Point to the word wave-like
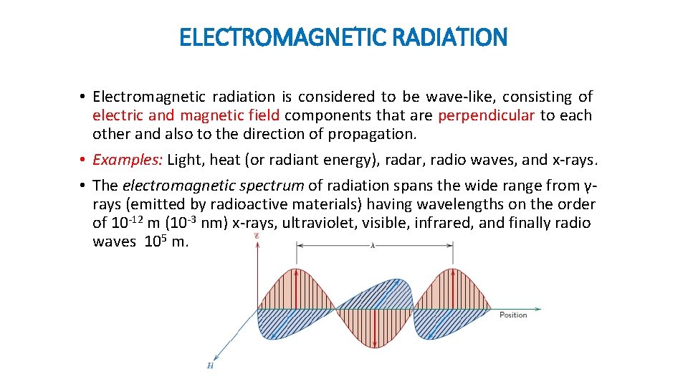(462, 97)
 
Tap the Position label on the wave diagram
(513, 315)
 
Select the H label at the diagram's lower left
(210, 366)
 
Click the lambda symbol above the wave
(373, 245)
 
